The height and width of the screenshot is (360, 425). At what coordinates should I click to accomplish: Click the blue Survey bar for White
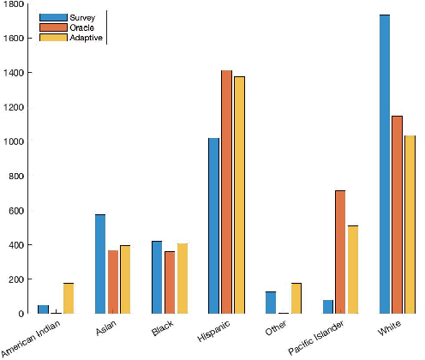[x=385, y=164]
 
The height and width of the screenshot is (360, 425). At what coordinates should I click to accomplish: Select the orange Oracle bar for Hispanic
[x=226, y=192]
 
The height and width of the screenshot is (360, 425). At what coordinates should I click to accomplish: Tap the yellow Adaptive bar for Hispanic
[x=239, y=195]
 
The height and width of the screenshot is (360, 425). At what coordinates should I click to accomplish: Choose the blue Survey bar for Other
[x=271, y=303]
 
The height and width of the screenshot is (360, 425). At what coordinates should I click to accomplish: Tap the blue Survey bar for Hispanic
[x=213, y=225]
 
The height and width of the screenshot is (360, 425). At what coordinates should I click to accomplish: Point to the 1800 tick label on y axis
[x=10, y=4]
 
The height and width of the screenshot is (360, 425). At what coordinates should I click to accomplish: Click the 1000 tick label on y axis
[x=10, y=141]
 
